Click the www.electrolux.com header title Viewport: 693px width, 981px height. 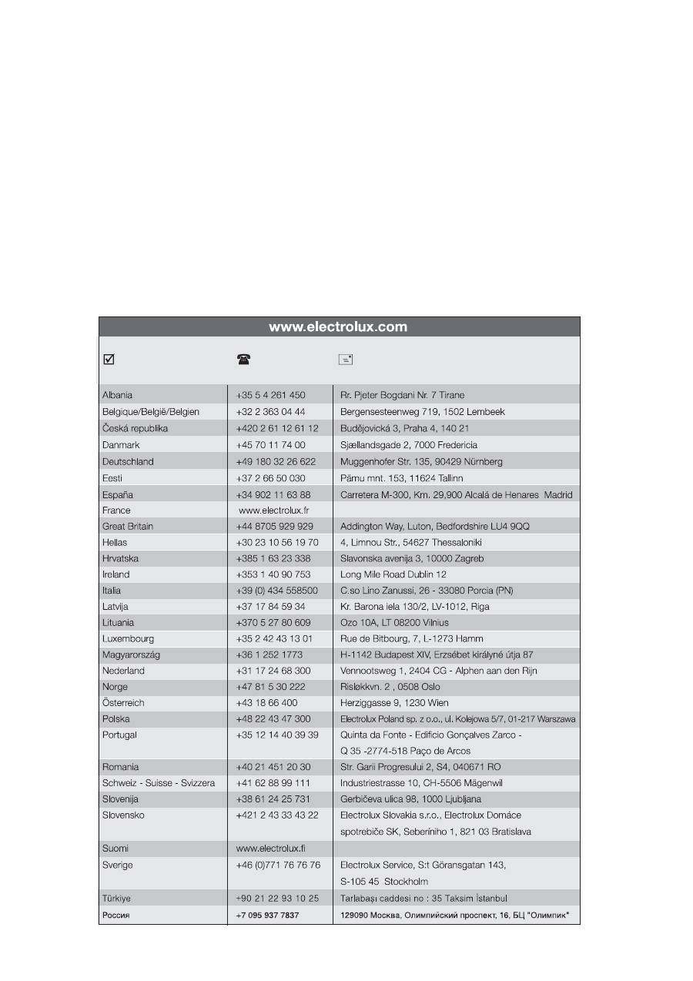[x=338, y=326]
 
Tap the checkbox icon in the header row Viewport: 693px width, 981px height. [x=109, y=359]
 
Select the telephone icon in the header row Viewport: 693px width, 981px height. [x=243, y=359]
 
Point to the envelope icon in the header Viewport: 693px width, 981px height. [x=345, y=359]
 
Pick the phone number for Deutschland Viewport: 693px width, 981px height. [x=276, y=461]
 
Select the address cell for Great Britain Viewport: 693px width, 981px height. [x=434, y=526]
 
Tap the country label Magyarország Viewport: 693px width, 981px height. [x=132, y=655]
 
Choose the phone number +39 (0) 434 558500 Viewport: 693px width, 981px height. [x=277, y=590]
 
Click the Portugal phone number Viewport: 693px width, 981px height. [x=277, y=735]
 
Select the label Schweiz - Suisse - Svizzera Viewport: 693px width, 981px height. [x=159, y=782]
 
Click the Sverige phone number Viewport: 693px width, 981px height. [x=278, y=865]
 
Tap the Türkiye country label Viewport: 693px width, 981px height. [x=116, y=898]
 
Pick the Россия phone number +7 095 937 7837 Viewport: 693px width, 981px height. [x=267, y=915]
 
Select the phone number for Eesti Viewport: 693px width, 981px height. [x=270, y=478]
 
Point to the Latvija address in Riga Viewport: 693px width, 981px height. [x=414, y=606]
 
